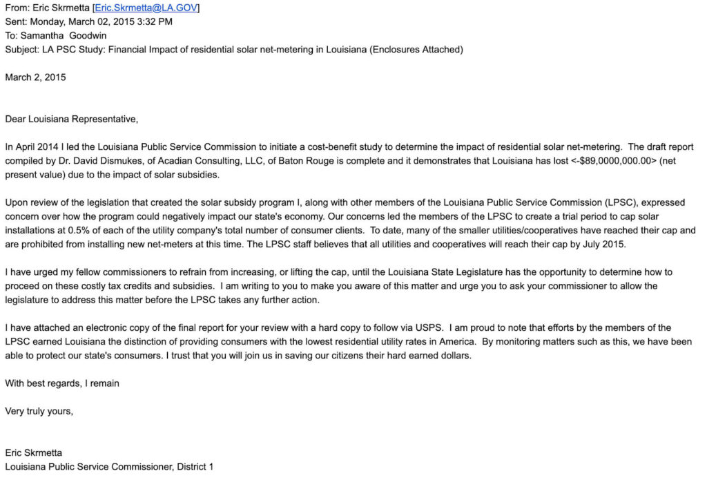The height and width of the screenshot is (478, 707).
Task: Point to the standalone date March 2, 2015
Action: point(35,77)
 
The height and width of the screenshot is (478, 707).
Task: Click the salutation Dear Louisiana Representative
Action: point(71,119)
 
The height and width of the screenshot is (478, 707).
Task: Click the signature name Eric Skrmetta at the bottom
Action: point(33,452)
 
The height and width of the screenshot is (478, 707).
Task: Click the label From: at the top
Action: point(17,8)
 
